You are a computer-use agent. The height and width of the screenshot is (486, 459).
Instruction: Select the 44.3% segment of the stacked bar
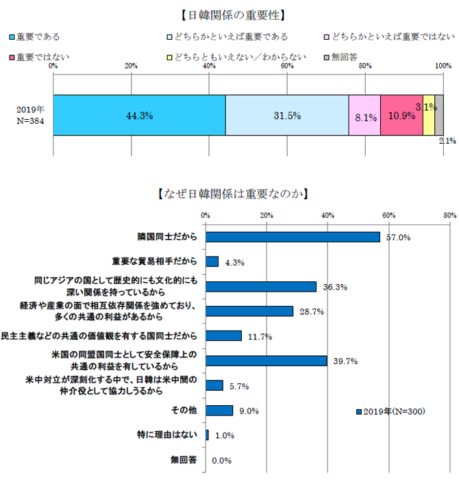[139, 115]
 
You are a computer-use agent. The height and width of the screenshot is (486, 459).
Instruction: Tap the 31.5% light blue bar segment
[287, 115]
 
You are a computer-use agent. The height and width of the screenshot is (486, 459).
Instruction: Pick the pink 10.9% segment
[401, 115]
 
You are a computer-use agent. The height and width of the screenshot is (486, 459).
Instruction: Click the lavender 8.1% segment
[364, 115]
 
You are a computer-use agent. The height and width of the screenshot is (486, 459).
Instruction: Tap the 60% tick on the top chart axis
[287, 66]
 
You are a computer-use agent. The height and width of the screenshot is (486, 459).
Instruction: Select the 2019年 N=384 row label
[30, 115]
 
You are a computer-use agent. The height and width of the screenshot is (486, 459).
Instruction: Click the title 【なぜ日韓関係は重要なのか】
[229, 194]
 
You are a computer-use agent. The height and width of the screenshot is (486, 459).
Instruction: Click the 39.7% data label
[346, 361]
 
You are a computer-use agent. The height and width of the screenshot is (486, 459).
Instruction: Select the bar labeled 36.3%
[261, 286]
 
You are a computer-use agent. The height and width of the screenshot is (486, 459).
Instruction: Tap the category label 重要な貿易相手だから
[155, 261]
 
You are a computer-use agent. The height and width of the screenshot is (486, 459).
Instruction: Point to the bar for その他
[219, 411]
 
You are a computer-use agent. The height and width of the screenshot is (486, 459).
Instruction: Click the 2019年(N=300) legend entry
[391, 411]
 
